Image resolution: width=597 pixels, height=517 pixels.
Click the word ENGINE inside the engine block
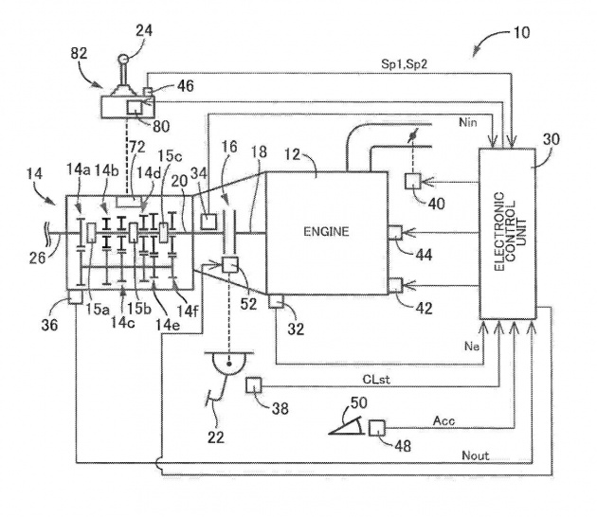coord(326,232)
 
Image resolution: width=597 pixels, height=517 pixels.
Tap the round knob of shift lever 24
coord(122,59)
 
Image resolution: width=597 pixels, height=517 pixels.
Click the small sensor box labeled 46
coord(148,91)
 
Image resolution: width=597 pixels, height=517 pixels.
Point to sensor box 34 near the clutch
coord(208,222)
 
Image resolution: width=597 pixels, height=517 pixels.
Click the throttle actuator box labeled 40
coord(413,181)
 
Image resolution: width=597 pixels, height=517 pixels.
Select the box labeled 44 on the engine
coord(395,232)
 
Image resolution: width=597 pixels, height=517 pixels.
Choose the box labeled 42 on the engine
coord(395,286)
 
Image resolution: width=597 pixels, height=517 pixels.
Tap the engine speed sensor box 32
coord(276,301)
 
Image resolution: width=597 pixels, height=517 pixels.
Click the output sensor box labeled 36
coord(75,296)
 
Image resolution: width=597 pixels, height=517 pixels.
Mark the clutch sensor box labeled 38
coord(254,384)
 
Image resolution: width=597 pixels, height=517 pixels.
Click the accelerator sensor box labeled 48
coord(377,427)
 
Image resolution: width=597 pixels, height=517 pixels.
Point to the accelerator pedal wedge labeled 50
coord(347,425)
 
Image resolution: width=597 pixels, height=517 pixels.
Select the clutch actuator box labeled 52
coord(230,264)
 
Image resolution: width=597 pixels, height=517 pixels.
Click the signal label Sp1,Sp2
coord(405,63)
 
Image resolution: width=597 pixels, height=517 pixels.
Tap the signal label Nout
coord(475,455)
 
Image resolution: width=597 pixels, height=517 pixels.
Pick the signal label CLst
coord(376,380)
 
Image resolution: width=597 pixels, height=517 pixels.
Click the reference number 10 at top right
coord(521,33)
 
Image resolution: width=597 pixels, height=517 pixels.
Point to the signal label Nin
coord(468,122)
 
